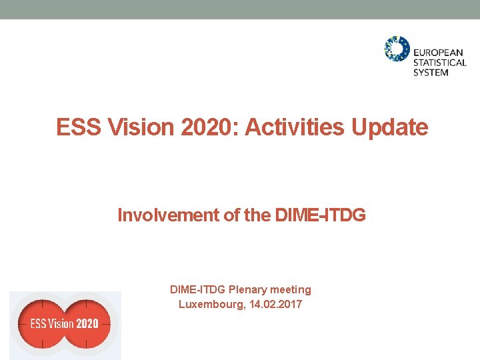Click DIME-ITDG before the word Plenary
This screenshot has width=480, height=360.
pos(198,289)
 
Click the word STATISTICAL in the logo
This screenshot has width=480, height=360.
pos(440,63)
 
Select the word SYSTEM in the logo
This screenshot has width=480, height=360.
pos(431,72)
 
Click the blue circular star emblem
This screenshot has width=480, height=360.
pos(397,49)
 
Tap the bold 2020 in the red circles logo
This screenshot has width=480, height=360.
pos(87,324)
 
